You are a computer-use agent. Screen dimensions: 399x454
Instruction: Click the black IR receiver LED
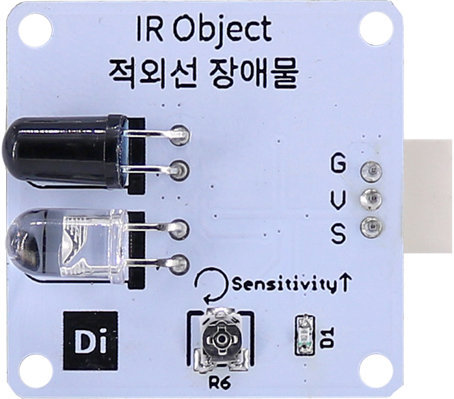coord(62,152)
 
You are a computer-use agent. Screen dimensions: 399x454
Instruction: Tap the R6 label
coord(220,383)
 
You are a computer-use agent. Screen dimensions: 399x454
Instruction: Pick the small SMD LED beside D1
coord(303,335)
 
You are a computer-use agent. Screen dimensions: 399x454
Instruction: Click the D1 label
coord(327,336)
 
